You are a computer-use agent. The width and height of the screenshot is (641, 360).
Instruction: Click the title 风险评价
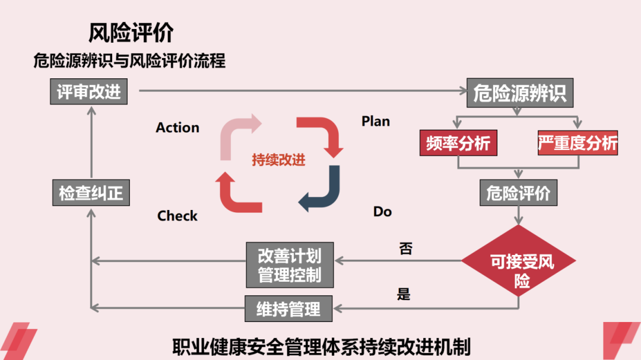point(131,33)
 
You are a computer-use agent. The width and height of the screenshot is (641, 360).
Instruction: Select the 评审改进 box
point(89,91)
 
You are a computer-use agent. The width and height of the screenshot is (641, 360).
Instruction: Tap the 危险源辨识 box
point(519,93)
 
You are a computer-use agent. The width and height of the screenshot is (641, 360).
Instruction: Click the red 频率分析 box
point(459,143)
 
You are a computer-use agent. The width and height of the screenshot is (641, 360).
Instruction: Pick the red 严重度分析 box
point(577,143)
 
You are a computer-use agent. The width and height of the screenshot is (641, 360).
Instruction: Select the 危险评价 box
point(518,193)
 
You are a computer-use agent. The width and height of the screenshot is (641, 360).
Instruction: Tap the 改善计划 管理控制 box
point(290,265)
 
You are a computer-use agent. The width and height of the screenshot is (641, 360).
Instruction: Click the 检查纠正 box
point(91,193)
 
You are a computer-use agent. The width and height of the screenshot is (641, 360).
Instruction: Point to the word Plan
point(376,121)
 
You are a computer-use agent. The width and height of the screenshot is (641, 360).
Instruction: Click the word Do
point(382,212)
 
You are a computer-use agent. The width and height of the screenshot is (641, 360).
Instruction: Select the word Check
point(177,216)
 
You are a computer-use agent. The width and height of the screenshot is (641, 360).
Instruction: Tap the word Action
point(177,128)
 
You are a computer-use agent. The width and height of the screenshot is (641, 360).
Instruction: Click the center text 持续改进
point(278,160)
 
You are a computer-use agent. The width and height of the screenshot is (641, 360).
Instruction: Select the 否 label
point(405,249)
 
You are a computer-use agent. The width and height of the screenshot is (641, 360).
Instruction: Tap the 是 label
point(404,294)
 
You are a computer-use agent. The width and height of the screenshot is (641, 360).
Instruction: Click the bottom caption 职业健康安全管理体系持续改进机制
point(321,345)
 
